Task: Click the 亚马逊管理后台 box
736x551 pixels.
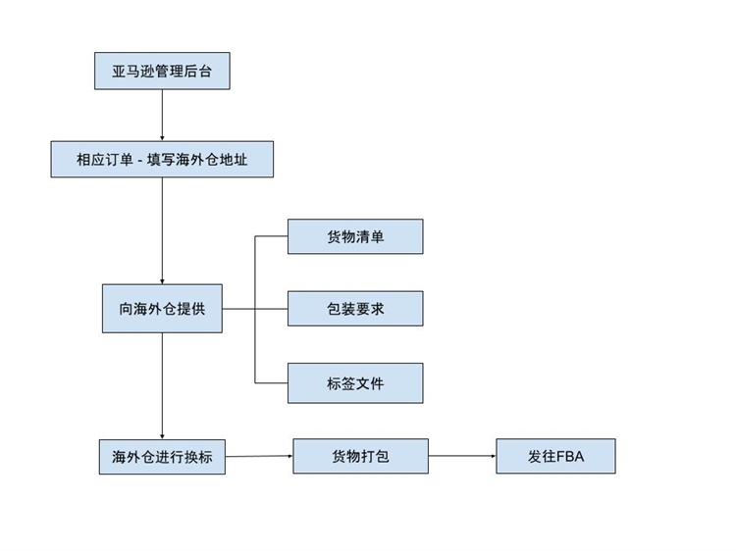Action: (x=162, y=71)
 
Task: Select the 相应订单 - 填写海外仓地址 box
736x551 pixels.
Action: (x=162, y=159)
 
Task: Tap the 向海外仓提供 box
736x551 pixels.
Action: (x=162, y=308)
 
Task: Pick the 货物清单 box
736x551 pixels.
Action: (x=355, y=236)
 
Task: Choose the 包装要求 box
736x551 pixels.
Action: (x=355, y=308)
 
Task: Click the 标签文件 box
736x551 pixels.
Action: (x=355, y=382)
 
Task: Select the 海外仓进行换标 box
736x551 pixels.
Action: (x=162, y=457)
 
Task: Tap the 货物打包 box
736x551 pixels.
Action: (x=360, y=456)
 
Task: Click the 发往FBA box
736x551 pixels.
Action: (x=555, y=456)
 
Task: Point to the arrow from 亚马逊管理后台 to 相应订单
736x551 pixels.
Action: (x=162, y=115)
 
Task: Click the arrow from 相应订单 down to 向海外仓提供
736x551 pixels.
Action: (x=162, y=230)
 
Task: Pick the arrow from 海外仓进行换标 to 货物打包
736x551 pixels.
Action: (x=259, y=456)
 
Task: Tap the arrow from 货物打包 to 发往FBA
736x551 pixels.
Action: (x=462, y=456)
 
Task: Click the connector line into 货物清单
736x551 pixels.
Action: (x=271, y=236)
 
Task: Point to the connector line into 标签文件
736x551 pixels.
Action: (x=271, y=382)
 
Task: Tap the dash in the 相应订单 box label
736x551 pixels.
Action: (x=140, y=160)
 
